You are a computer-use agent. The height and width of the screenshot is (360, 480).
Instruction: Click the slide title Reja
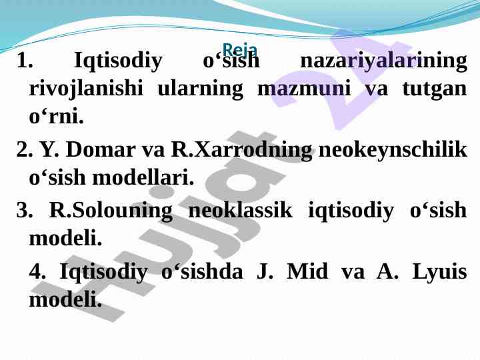pos(240,49)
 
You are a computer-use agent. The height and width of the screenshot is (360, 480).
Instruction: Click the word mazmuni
pos(304,89)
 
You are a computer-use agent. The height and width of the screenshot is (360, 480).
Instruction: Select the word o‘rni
pos(56,116)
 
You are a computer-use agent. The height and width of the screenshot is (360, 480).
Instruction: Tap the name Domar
pos(101,149)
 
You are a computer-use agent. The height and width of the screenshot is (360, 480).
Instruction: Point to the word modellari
pos(143,177)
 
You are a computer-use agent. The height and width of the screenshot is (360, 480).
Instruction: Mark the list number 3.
pos(25,210)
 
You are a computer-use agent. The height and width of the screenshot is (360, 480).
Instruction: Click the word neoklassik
pos(240,210)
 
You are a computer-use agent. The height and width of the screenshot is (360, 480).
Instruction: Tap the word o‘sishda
pos(202,271)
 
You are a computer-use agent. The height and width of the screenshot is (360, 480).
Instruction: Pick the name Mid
pos(307,271)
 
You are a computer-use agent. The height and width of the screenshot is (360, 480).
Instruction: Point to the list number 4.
pos(37,271)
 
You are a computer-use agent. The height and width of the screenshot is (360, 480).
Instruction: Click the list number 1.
pos(25,60)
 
